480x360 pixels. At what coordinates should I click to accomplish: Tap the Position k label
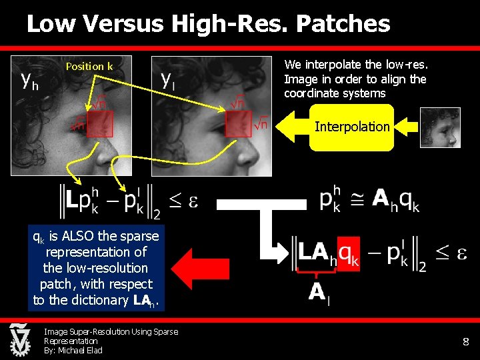[x=89, y=66]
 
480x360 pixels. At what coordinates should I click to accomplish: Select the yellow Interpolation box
[x=352, y=127]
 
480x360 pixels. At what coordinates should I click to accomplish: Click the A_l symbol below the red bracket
[x=318, y=292]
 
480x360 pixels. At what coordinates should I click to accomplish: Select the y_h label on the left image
[x=29, y=81]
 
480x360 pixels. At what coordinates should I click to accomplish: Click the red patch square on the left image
[x=100, y=123]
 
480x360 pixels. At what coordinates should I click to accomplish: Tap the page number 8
[x=465, y=342]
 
